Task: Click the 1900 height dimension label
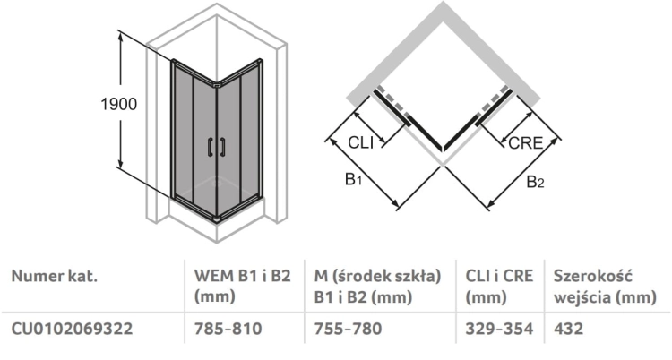click(x=118, y=104)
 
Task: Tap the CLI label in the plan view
click(x=361, y=142)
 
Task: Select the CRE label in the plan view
click(x=525, y=143)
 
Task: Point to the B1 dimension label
click(x=354, y=179)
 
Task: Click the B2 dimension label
click(x=535, y=182)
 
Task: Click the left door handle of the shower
click(x=210, y=148)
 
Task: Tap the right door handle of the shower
click(x=222, y=148)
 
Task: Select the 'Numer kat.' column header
click(x=55, y=276)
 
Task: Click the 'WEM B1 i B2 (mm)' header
click(x=243, y=286)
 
